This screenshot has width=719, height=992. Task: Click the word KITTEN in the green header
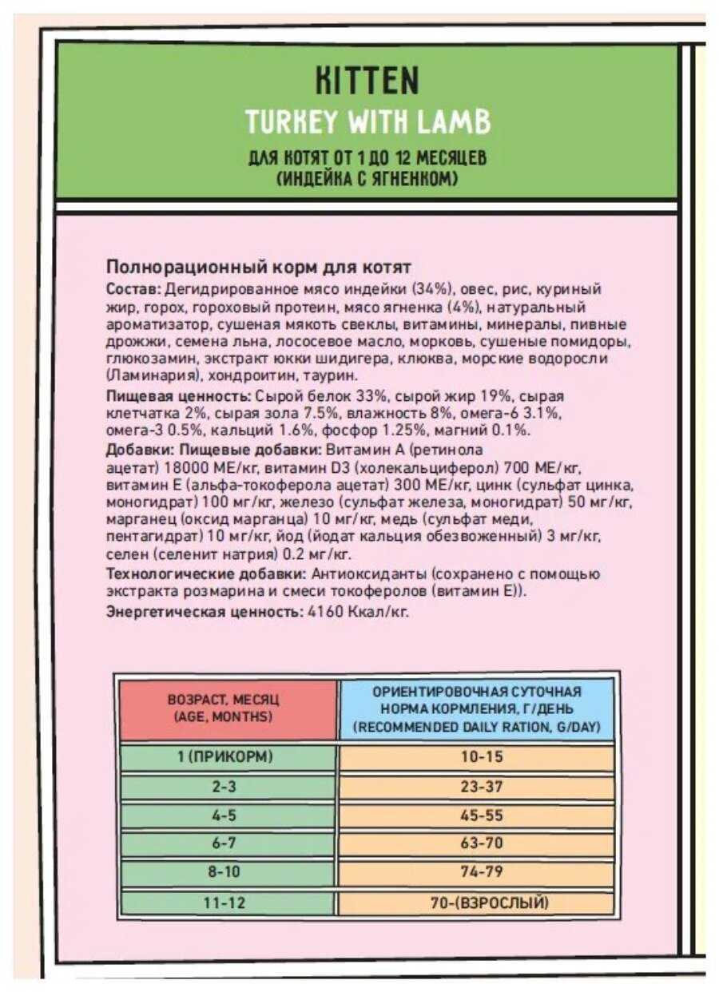pyautogui.click(x=367, y=81)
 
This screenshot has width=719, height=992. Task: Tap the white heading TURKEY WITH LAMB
pyautogui.click(x=367, y=121)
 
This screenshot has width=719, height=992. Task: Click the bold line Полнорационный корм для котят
pyautogui.click(x=258, y=267)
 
